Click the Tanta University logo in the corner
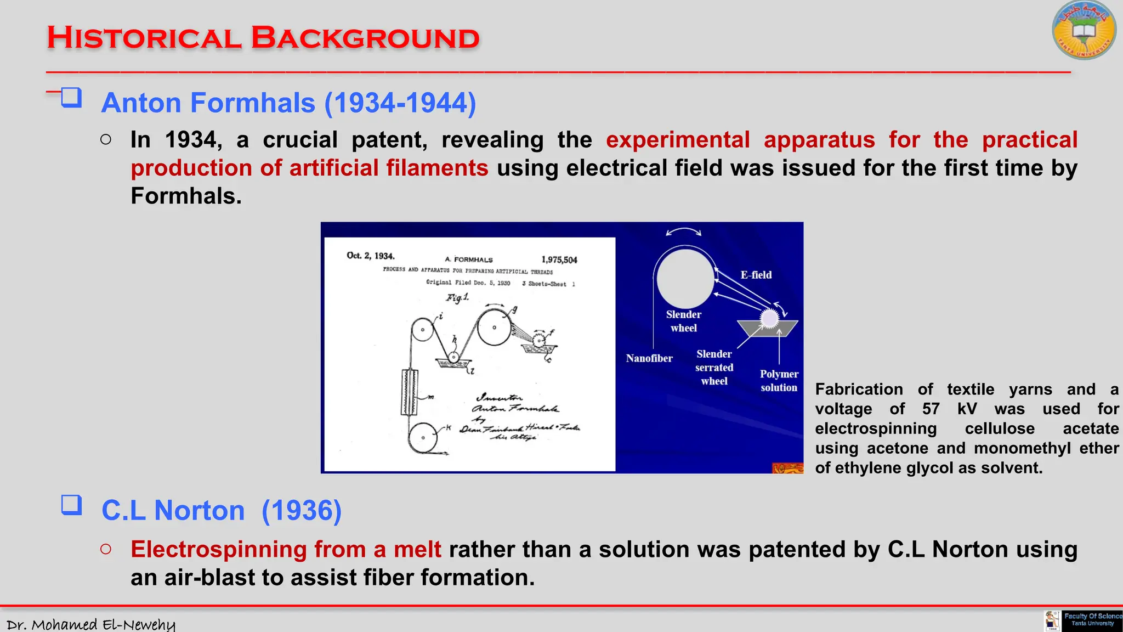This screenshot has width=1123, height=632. pos(1084,30)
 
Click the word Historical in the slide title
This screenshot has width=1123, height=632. pos(144,38)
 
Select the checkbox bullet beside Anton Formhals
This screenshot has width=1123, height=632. pos(71,98)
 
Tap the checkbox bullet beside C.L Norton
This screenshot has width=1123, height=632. pos(71,505)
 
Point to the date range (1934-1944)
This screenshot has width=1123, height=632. pos(400,103)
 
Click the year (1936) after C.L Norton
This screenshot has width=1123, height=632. pos(302,511)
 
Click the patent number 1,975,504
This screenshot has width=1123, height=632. pos(559,260)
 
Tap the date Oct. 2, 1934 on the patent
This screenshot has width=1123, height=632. pos(370,256)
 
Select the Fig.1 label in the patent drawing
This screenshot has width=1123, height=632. pos(457,297)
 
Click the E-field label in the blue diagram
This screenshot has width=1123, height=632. pos(756,275)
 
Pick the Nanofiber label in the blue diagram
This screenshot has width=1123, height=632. pos(649,358)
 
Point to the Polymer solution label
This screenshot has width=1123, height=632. pos(779,380)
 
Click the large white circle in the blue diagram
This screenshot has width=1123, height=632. pos(685,279)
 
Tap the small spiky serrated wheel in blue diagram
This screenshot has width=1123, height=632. pos(769,318)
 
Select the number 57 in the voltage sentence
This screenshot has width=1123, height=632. pos(931,409)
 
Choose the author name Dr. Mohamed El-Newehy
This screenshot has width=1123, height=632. pos(91,624)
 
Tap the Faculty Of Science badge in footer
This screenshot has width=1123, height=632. pos(1092,620)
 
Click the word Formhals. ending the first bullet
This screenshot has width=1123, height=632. pos(186,196)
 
